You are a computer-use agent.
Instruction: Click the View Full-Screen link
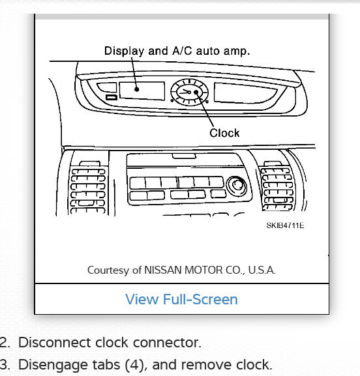click(x=181, y=299)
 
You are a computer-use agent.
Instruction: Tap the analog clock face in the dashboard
click(x=189, y=93)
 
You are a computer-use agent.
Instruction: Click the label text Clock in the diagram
click(x=224, y=133)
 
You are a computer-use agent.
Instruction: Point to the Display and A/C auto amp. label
click(x=177, y=51)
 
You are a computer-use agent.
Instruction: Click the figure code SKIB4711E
click(x=285, y=225)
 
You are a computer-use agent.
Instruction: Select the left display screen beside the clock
click(x=142, y=90)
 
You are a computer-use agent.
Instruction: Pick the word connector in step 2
click(x=172, y=342)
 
